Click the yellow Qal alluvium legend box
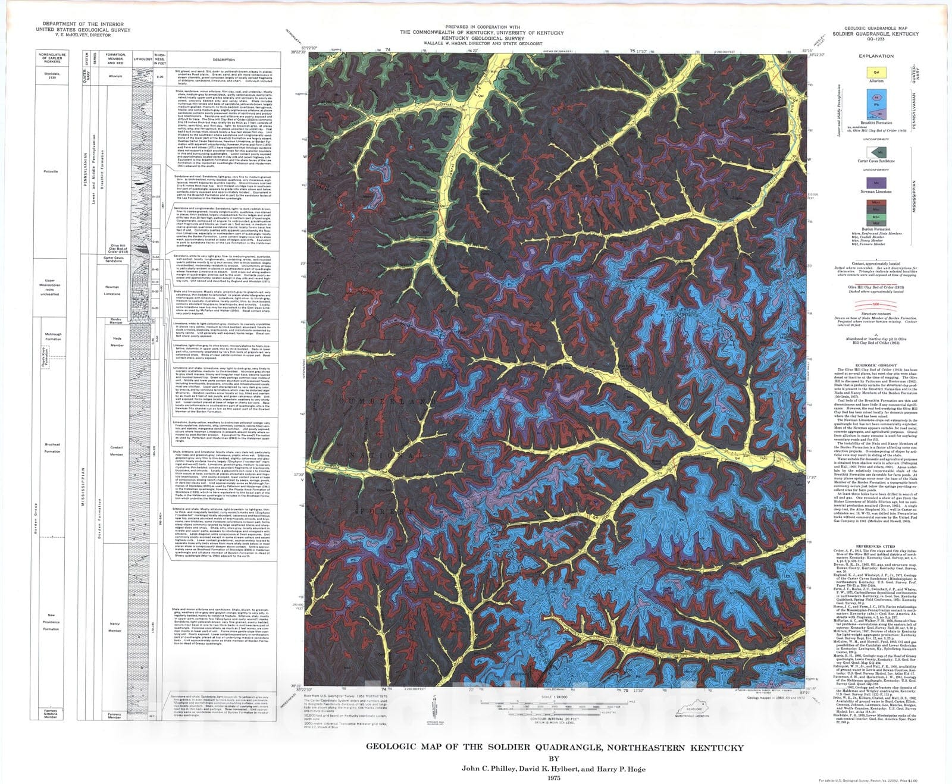click(x=876, y=73)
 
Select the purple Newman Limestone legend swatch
click(x=876, y=183)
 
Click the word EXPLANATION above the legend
click(x=876, y=56)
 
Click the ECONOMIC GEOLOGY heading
click(x=875, y=365)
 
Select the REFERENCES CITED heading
click(x=875, y=546)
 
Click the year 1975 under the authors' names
click(x=554, y=777)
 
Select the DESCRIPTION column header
click(x=224, y=59)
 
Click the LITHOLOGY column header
click(x=143, y=59)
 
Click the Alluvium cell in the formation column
click(x=115, y=76)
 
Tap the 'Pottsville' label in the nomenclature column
click(x=51, y=171)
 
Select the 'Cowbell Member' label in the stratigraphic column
click(x=117, y=451)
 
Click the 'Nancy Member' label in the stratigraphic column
click(x=115, y=627)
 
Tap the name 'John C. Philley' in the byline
click(x=488, y=768)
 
